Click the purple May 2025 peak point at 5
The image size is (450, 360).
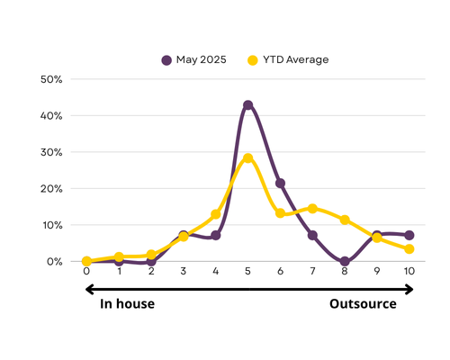point(247,105)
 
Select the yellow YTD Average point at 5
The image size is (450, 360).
point(247,158)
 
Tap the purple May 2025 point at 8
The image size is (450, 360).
point(345,261)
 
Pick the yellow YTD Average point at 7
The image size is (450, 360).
point(312,209)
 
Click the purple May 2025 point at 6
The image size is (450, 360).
point(280,183)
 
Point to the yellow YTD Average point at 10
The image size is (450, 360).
point(409,249)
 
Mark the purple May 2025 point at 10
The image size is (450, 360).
point(409,235)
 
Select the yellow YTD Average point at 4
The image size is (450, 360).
point(216,214)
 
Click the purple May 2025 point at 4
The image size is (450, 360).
point(216,236)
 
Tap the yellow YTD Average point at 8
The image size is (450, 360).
point(345,220)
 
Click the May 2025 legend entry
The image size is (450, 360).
point(193,60)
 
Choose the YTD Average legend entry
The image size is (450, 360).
point(288,60)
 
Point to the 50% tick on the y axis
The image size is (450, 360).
point(51,79)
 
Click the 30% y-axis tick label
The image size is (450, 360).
point(51,152)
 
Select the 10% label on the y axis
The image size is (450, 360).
point(52,225)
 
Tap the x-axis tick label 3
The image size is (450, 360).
point(184,271)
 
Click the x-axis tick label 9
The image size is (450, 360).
point(377,271)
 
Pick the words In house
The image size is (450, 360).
point(127,304)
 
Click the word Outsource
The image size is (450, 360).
point(363,304)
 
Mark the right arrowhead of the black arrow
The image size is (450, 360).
point(409,290)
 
